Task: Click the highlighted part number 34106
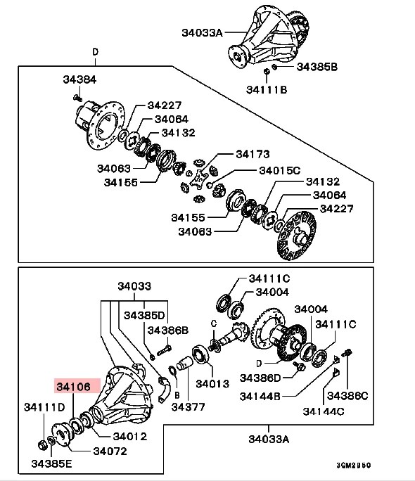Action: coord(74,387)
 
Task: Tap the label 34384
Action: coord(79,79)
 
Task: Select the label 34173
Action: coord(253,154)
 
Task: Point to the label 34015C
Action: coord(280,170)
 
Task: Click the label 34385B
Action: coord(317,67)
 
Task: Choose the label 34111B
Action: coord(267,89)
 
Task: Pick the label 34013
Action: coord(212,384)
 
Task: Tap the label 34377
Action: coord(188,407)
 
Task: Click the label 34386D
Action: coord(260,378)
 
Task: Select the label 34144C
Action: coord(324,411)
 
